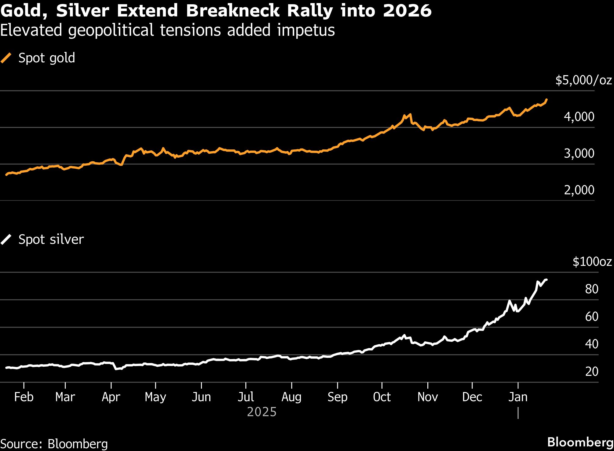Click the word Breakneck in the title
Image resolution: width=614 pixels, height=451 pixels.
232,11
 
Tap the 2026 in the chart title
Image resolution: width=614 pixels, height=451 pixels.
407,11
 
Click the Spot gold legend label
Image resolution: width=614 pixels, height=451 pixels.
46,58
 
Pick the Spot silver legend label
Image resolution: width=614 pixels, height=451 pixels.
51,239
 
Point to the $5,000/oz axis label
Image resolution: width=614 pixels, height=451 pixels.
583,80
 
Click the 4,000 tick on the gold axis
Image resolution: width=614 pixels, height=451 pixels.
579,116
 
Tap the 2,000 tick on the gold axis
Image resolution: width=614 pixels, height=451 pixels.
579,190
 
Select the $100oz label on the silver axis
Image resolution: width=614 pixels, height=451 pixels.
592,262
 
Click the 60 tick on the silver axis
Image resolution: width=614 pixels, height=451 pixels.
591,317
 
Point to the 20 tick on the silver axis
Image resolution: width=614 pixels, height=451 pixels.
591,372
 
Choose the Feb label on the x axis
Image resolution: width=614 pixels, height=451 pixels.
24,397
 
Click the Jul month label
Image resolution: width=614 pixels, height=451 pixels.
246,397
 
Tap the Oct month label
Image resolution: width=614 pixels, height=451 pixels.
382,397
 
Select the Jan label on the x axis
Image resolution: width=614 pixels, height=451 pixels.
518,397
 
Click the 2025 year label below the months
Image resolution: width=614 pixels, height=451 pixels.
261,412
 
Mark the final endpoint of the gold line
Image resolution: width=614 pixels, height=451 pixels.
546,100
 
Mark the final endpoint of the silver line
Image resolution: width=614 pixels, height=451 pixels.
546,280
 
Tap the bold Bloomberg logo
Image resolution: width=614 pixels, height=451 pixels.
580,442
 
